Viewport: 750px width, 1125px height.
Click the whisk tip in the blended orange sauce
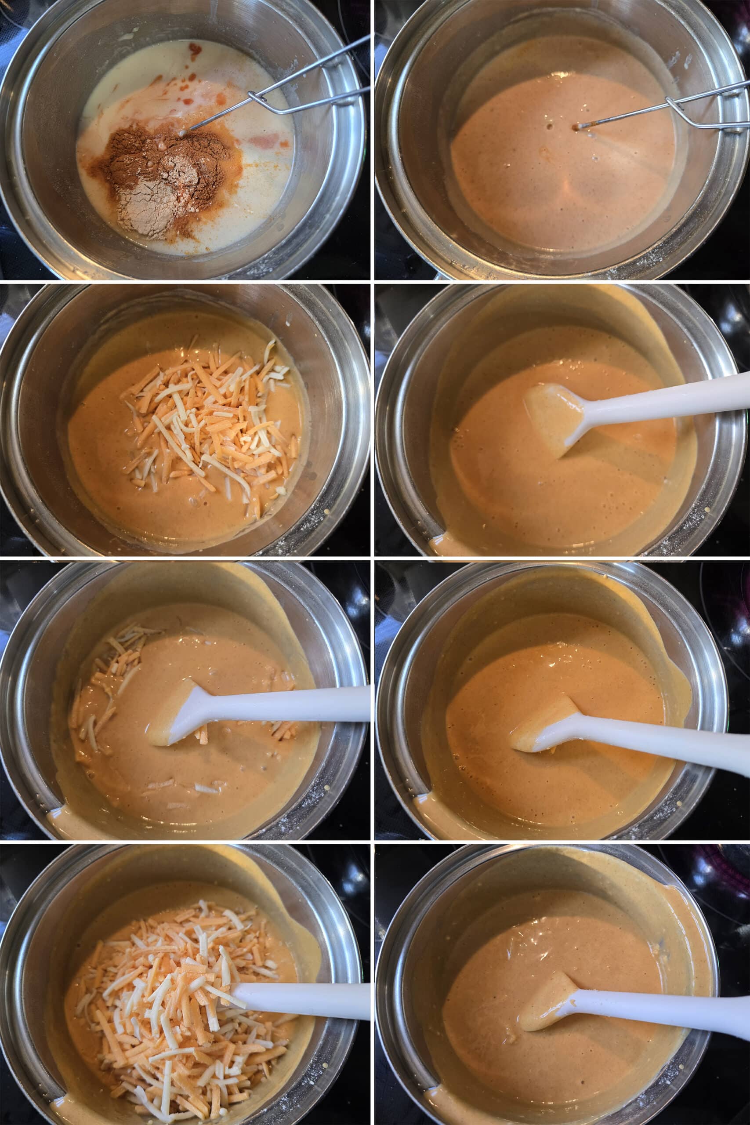click(x=578, y=127)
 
